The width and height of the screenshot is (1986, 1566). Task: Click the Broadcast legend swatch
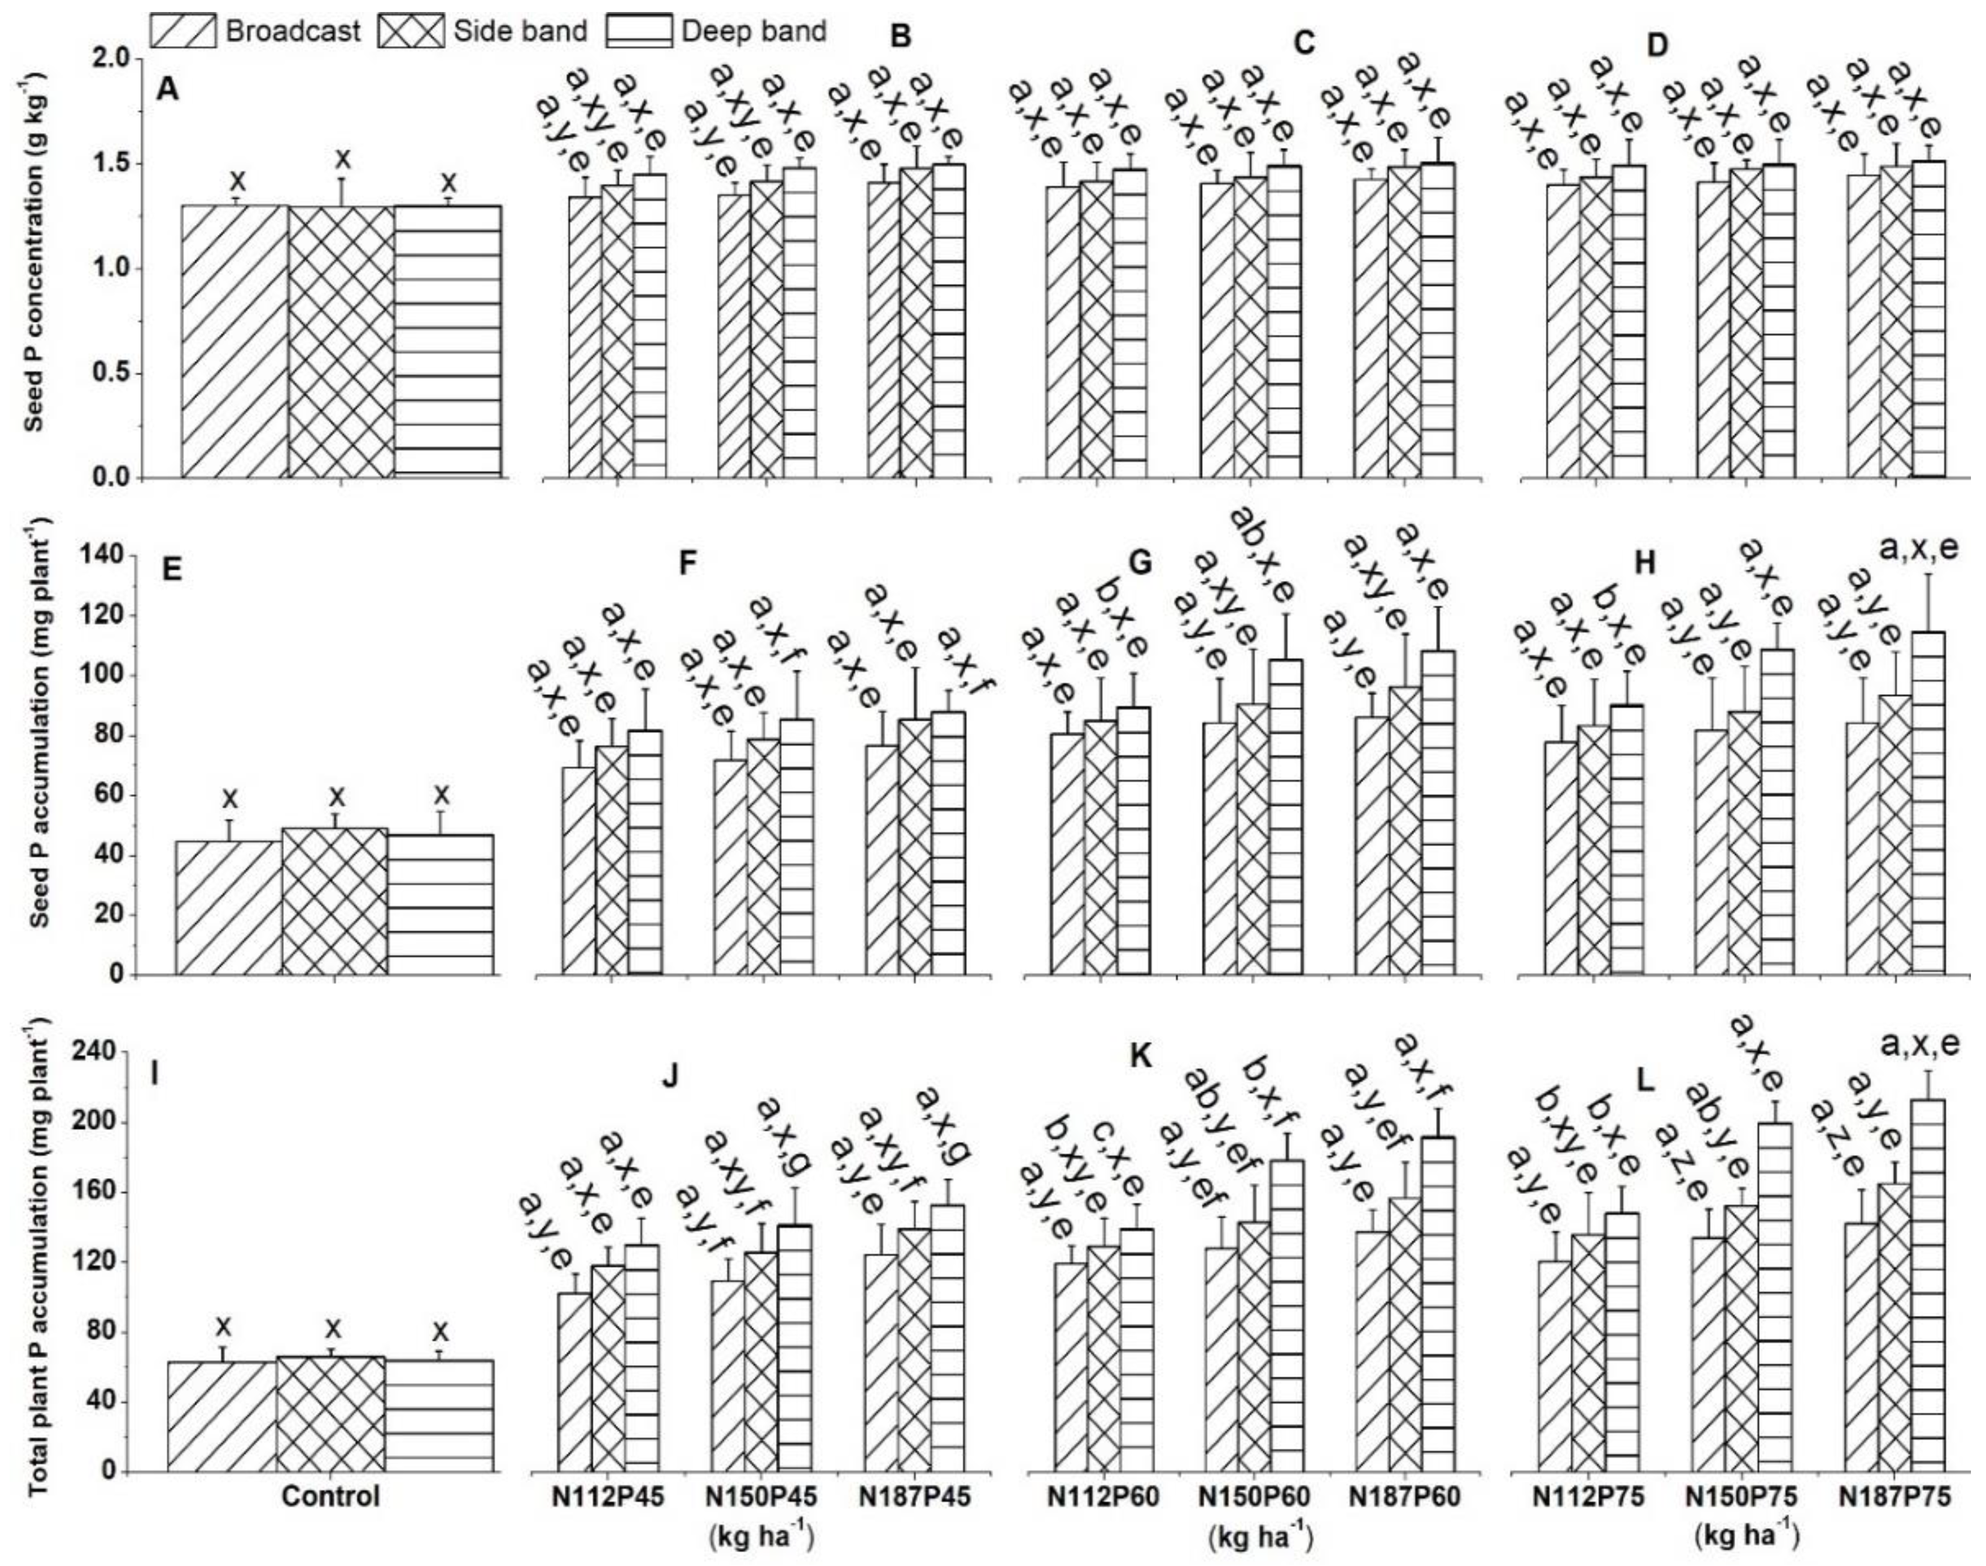pos(183,31)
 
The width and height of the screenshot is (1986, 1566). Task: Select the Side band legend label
pos(520,31)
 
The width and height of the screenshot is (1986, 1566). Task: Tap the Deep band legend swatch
pos(639,31)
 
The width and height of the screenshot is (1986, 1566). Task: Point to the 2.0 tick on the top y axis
pos(115,60)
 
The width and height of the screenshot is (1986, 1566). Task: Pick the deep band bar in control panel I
pos(439,1375)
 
